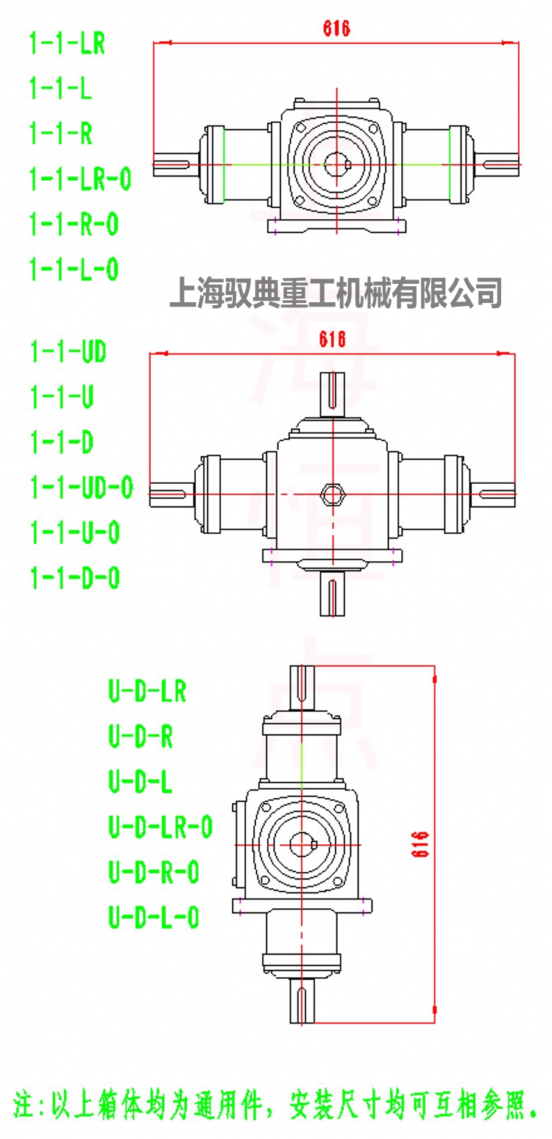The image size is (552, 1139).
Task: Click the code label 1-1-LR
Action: (67, 44)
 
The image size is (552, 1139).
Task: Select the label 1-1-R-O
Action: (74, 224)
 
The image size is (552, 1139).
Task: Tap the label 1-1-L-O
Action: (74, 269)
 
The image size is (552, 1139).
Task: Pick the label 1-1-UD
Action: (68, 353)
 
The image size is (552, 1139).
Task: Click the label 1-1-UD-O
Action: (81, 488)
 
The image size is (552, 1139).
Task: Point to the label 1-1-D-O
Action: (74, 578)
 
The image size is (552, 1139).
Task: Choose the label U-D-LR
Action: (147, 691)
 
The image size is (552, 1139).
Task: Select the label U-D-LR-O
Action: (160, 827)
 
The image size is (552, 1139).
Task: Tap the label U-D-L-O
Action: (154, 917)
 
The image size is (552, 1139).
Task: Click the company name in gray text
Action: (336, 292)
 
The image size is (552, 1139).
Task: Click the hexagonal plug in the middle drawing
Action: (333, 493)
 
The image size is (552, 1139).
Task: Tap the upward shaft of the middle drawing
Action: (333, 394)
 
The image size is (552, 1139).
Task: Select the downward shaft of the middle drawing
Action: (333, 594)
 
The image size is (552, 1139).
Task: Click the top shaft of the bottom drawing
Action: (302, 687)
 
